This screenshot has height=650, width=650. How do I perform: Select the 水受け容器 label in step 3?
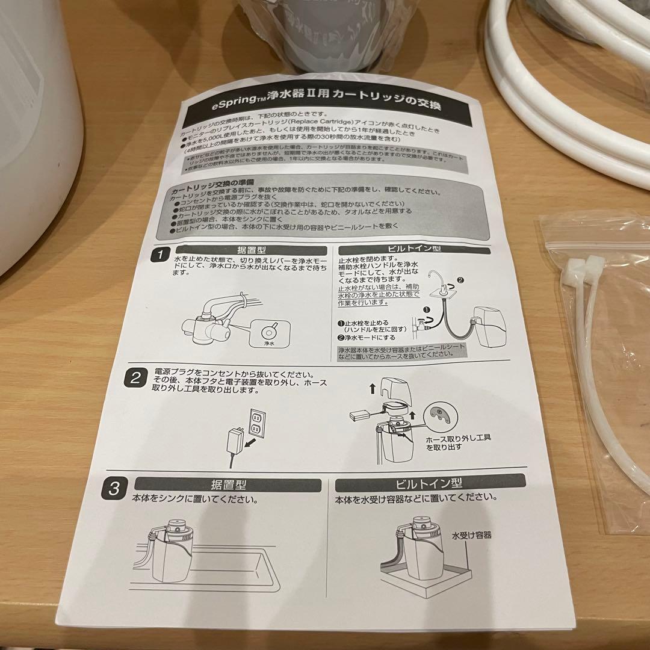click(472, 534)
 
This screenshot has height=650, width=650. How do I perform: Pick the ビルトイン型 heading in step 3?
click(429, 483)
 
